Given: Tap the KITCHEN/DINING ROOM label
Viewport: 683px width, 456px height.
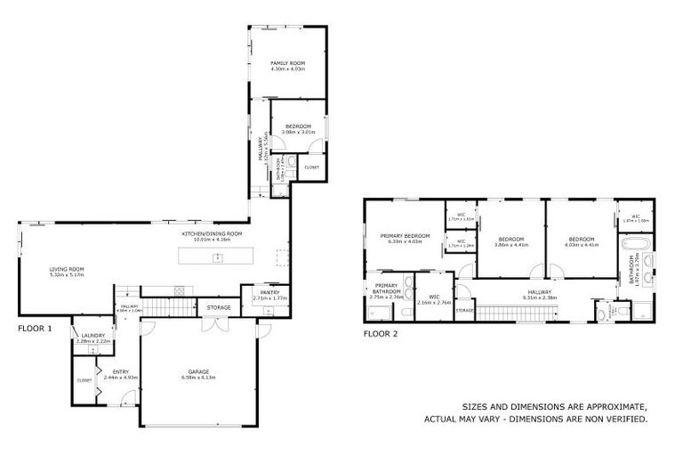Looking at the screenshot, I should tap(212, 233).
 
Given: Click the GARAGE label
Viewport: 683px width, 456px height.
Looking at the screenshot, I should tap(197, 372).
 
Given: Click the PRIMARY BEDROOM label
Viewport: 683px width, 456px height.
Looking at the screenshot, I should tap(405, 236).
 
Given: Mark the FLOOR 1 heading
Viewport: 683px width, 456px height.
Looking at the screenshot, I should tap(36, 329).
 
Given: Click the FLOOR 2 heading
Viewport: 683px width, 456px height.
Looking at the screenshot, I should tap(381, 335).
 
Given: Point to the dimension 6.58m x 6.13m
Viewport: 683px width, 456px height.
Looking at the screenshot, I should tap(197, 378).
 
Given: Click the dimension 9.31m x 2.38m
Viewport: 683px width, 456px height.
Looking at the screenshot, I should tap(540, 297).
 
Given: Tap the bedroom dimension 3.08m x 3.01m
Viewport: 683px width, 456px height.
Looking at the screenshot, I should tap(297, 132).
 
